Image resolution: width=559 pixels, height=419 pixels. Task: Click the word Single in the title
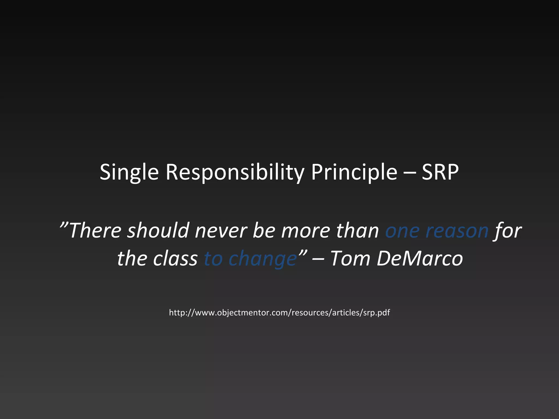(x=129, y=172)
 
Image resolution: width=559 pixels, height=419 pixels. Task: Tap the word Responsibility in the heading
(x=235, y=172)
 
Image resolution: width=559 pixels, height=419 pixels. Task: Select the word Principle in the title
(x=354, y=172)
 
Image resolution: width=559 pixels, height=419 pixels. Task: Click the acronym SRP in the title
(x=440, y=172)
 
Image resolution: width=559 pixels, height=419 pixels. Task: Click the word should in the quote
(x=158, y=231)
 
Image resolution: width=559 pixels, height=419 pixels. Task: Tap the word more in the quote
(x=306, y=231)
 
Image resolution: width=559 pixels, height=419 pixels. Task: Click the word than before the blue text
(x=357, y=231)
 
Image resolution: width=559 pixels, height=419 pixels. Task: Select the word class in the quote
(x=175, y=259)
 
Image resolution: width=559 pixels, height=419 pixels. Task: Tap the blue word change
(x=263, y=259)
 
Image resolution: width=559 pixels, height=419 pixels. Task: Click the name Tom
(x=350, y=259)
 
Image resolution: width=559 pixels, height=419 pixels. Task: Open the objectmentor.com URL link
(x=279, y=313)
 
